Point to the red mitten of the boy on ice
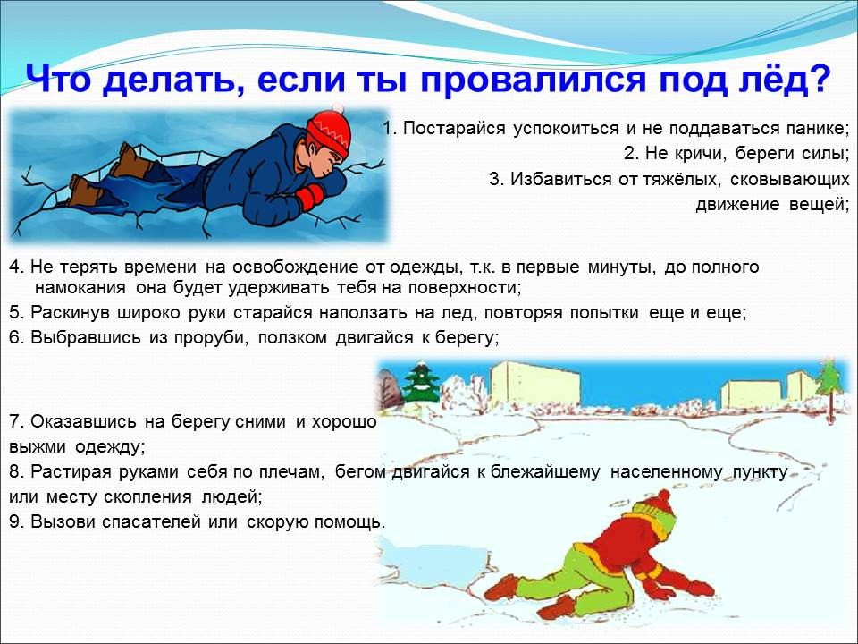pos(310,196)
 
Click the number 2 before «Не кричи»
pos(628,153)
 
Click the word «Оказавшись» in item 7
pos(83,421)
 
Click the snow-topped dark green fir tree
pos(421,381)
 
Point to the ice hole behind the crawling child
pos(432,563)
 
